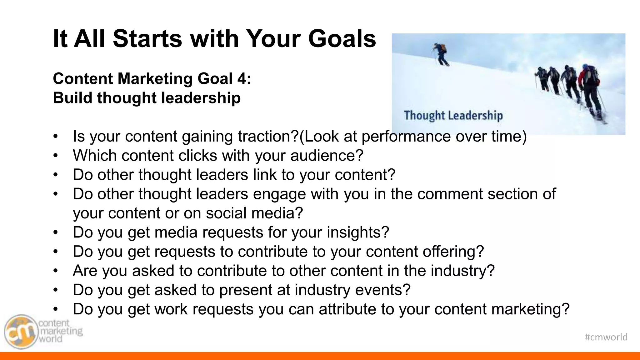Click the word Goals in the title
click(x=342, y=39)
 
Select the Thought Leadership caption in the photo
click(x=453, y=116)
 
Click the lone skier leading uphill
click(x=441, y=54)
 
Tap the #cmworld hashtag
click(x=606, y=337)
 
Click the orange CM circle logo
click(x=20, y=332)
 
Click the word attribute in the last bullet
click(x=347, y=309)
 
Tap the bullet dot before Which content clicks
click(x=56, y=156)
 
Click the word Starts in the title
click(x=147, y=39)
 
